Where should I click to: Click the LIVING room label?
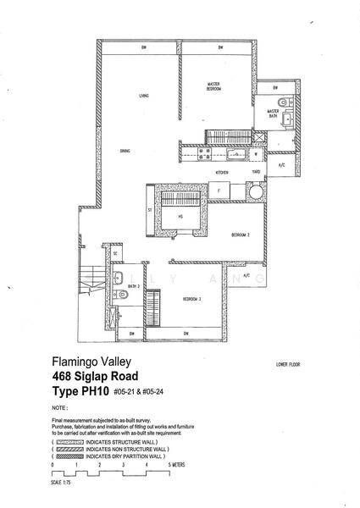pyautogui.click(x=145, y=96)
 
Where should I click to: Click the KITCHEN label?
pyautogui.click(x=222, y=172)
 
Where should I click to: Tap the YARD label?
pyautogui.click(x=255, y=172)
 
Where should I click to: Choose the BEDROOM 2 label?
pyautogui.click(x=241, y=235)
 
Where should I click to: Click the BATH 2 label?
pyautogui.click(x=134, y=287)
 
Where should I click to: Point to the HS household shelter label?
pyautogui.click(x=180, y=217)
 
